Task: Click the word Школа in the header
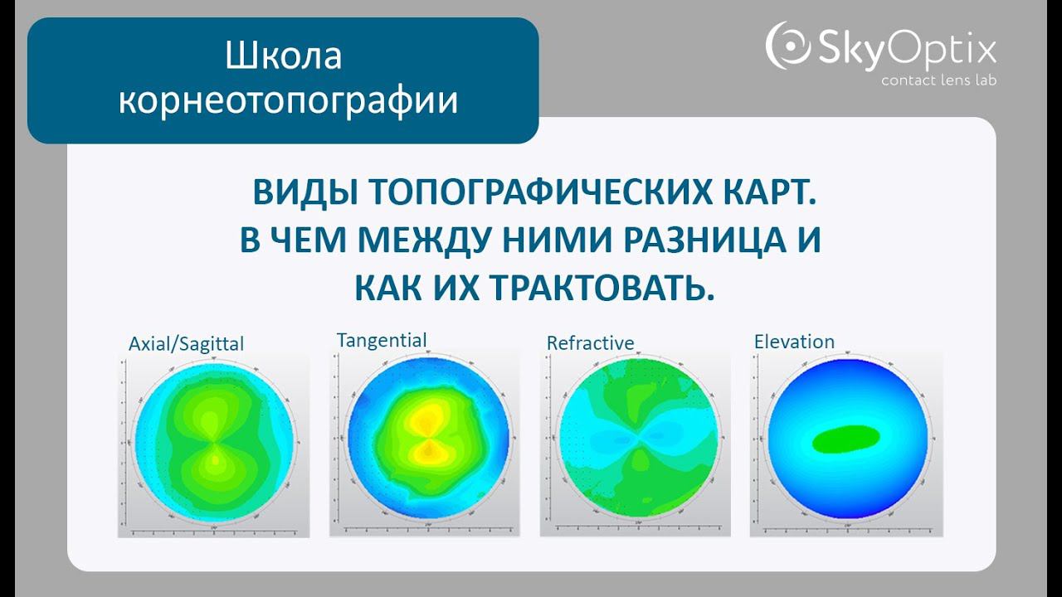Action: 283,56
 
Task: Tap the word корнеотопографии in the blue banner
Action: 288,100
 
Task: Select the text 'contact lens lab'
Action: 938,80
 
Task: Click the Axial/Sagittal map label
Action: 186,343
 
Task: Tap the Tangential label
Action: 382,340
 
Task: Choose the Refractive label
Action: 590,342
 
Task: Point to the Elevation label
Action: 794,342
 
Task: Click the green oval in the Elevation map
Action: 846,438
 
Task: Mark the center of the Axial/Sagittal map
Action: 214,444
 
